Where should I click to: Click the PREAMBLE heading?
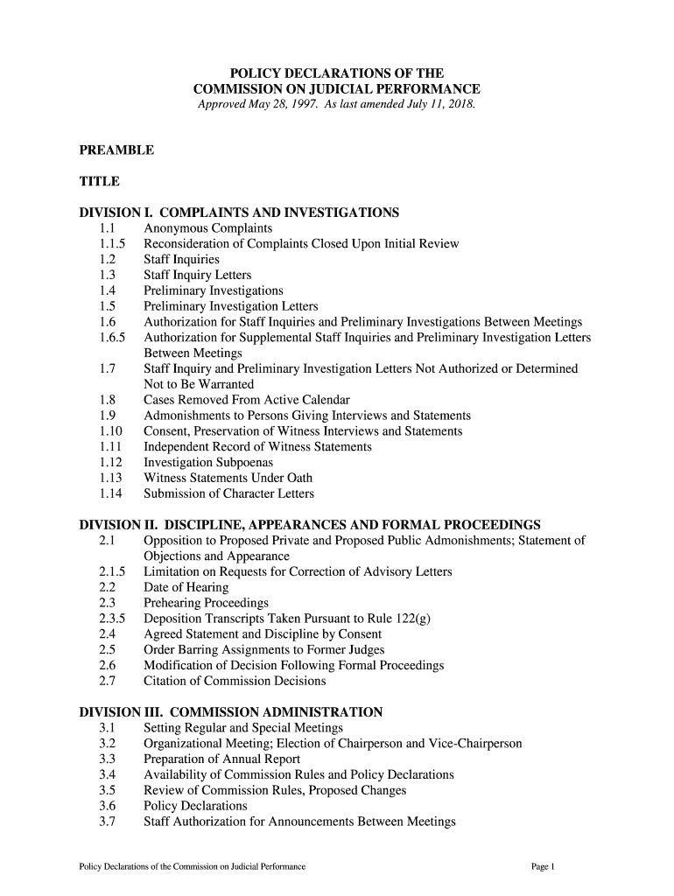tap(116, 150)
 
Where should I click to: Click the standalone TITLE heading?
tap(99, 182)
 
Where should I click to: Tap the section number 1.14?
tap(109, 493)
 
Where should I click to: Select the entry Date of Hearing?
tap(186, 588)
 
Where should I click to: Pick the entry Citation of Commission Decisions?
tap(235, 681)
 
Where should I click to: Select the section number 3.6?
tap(108, 806)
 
